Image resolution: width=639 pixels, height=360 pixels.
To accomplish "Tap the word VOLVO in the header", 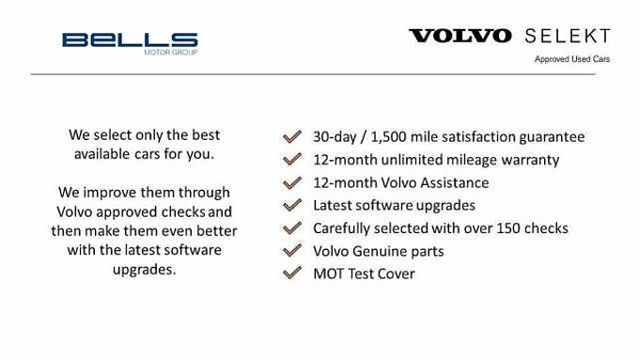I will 460,36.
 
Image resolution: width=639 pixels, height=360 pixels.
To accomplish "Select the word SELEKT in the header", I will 567,36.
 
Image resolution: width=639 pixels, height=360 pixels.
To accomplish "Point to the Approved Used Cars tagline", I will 572,59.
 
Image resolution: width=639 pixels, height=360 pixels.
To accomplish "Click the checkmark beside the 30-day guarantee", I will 292,136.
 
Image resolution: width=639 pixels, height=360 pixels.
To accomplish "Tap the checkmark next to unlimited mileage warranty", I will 292,159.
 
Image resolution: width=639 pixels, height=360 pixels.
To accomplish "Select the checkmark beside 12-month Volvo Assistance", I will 292,182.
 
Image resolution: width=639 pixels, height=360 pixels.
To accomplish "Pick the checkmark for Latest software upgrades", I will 292,205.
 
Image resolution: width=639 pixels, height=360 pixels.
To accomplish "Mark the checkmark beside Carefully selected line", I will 292,227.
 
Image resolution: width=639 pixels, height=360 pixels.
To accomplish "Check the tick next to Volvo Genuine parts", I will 292,251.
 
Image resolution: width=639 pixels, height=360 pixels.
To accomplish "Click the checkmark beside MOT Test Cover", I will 292,274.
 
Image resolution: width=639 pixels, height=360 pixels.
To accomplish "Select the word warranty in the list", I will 530,160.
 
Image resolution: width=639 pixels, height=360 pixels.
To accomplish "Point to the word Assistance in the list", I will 455,182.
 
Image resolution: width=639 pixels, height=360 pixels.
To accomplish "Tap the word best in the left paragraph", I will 202,134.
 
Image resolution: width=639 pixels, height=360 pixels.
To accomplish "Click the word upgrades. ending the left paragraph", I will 144,271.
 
